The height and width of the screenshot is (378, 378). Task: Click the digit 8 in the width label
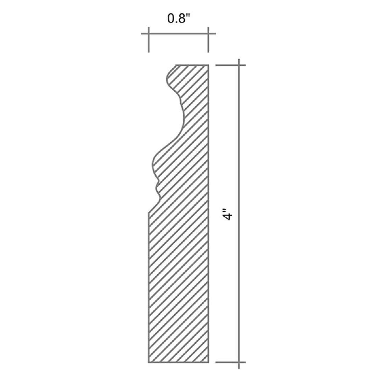[x=181, y=19]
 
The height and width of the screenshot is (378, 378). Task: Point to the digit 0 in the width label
[x=171, y=19]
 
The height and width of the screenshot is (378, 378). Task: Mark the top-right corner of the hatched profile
[x=208, y=65]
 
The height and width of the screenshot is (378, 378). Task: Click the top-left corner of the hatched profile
[x=176, y=65]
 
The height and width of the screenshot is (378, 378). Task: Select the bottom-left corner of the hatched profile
[x=148, y=362]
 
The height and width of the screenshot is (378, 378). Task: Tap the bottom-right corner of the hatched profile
[x=208, y=362]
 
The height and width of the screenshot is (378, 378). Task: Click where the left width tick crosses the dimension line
[x=148, y=34]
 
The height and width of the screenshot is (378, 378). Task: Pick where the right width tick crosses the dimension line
[x=208, y=34]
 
